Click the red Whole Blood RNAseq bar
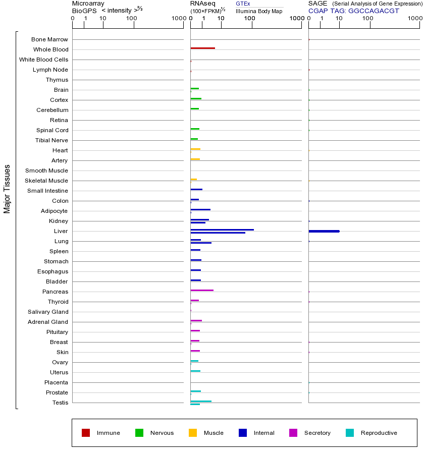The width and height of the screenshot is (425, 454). [x=202, y=48]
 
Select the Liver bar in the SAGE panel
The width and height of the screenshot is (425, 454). [x=324, y=231]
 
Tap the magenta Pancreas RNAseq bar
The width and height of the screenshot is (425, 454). [x=202, y=290]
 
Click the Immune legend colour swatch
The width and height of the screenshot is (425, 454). [x=86, y=433]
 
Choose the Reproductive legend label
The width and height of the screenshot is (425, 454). [x=379, y=433]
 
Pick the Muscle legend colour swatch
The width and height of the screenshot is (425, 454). [x=193, y=433]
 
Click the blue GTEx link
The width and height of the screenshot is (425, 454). [x=243, y=4]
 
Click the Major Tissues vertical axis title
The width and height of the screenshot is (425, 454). [x=7, y=188]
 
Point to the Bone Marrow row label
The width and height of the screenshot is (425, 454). [x=49, y=39]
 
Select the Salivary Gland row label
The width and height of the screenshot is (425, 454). [x=48, y=312]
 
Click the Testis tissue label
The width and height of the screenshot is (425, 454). [x=60, y=403]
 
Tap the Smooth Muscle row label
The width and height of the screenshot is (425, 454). [x=46, y=171]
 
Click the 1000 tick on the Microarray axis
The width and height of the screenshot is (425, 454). [x=178, y=19]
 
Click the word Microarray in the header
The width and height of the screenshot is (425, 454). [x=88, y=4]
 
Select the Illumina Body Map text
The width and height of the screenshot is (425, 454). [x=259, y=11]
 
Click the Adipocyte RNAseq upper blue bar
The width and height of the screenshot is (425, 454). [x=200, y=209]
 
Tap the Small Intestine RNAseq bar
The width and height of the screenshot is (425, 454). [x=196, y=189]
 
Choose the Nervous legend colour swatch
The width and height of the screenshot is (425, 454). [x=139, y=433]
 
